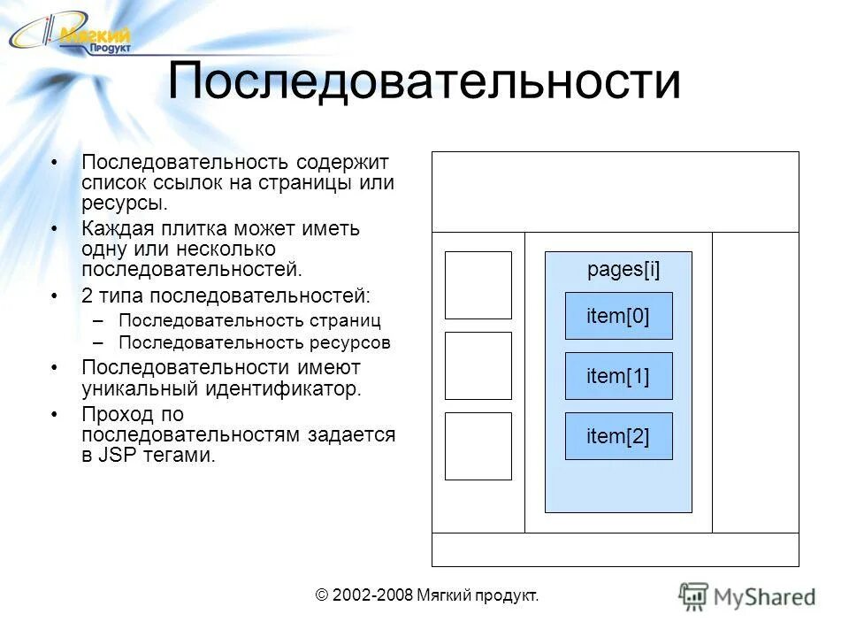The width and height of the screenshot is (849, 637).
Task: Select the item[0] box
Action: click(618, 316)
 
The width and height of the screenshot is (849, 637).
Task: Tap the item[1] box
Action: click(618, 376)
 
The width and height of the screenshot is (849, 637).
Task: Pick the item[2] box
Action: click(618, 435)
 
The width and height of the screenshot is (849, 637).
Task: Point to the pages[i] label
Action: click(623, 271)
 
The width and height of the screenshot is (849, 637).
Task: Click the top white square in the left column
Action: click(478, 285)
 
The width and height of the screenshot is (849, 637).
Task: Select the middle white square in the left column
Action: click(478, 365)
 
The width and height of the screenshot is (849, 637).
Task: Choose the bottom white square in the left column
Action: click(478, 446)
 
